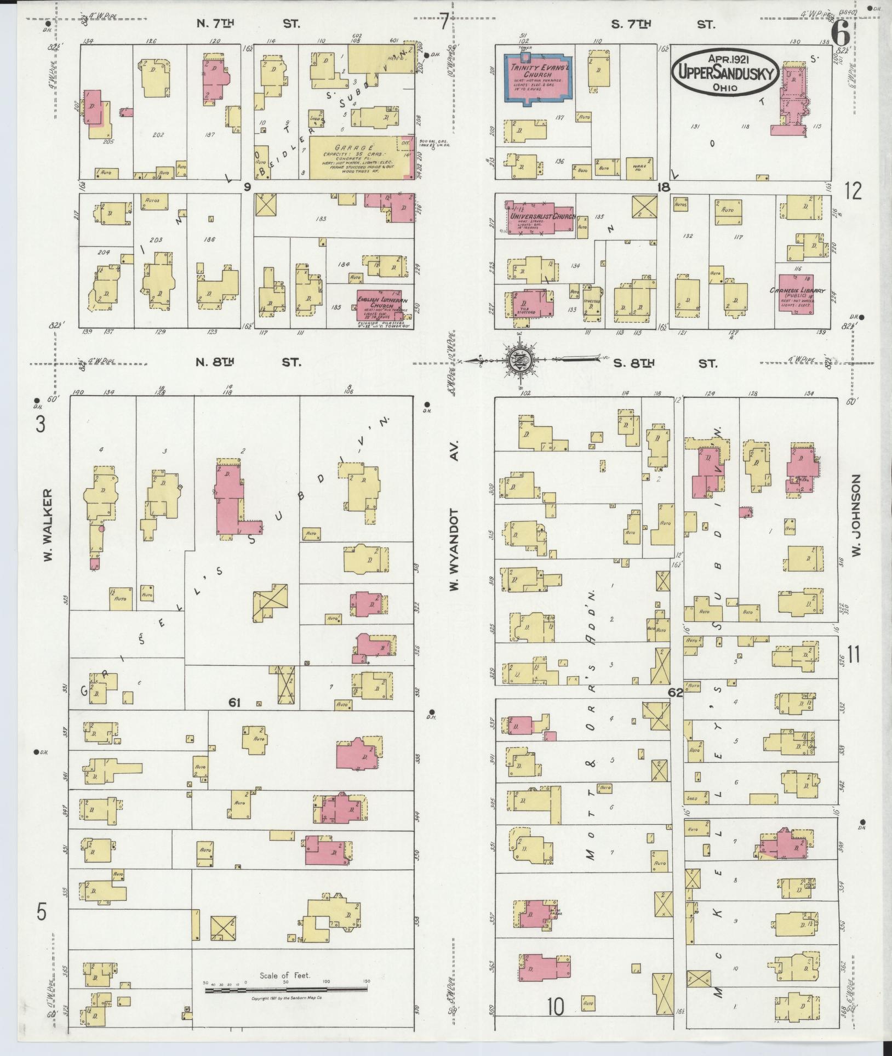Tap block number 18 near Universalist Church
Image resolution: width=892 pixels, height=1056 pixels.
click(664, 187)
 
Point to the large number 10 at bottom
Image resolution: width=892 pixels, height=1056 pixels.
click(555, 1006)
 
